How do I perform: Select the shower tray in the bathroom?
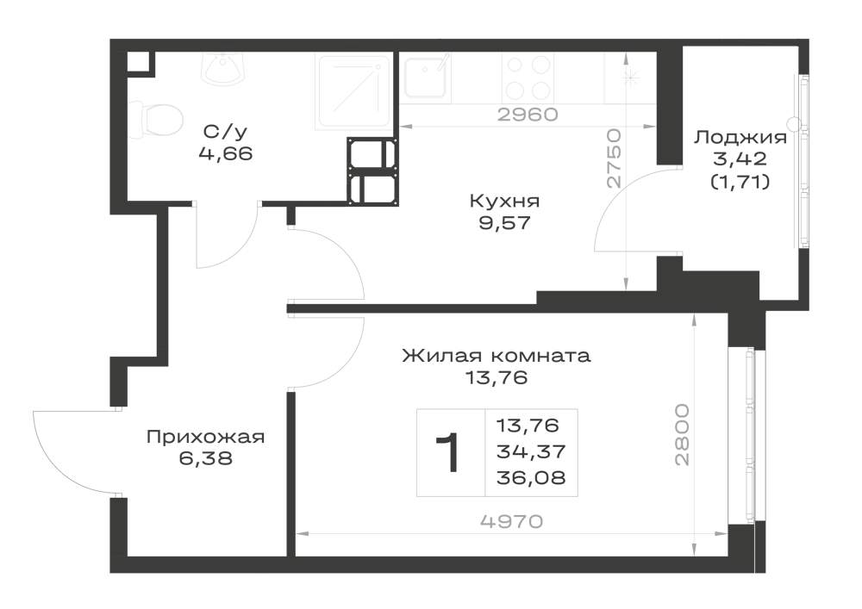[x=354, y=91]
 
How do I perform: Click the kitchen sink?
[x=425, y=77]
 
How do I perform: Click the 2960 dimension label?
[x=528, y=115]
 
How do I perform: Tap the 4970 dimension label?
[x=511, y=520]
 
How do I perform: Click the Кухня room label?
[x=504, y=201]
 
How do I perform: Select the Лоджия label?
[x=740, y=137]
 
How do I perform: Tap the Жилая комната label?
[x=497, y=356]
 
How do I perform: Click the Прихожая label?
[x=206, y=437]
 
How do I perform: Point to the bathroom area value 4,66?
[x=225, y=153]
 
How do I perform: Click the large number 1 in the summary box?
[x=449, y=452]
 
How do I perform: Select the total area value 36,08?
[x=530, y=478]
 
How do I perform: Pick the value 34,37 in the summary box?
[x=530, y=451]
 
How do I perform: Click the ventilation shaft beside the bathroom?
[x=372, y=171]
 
